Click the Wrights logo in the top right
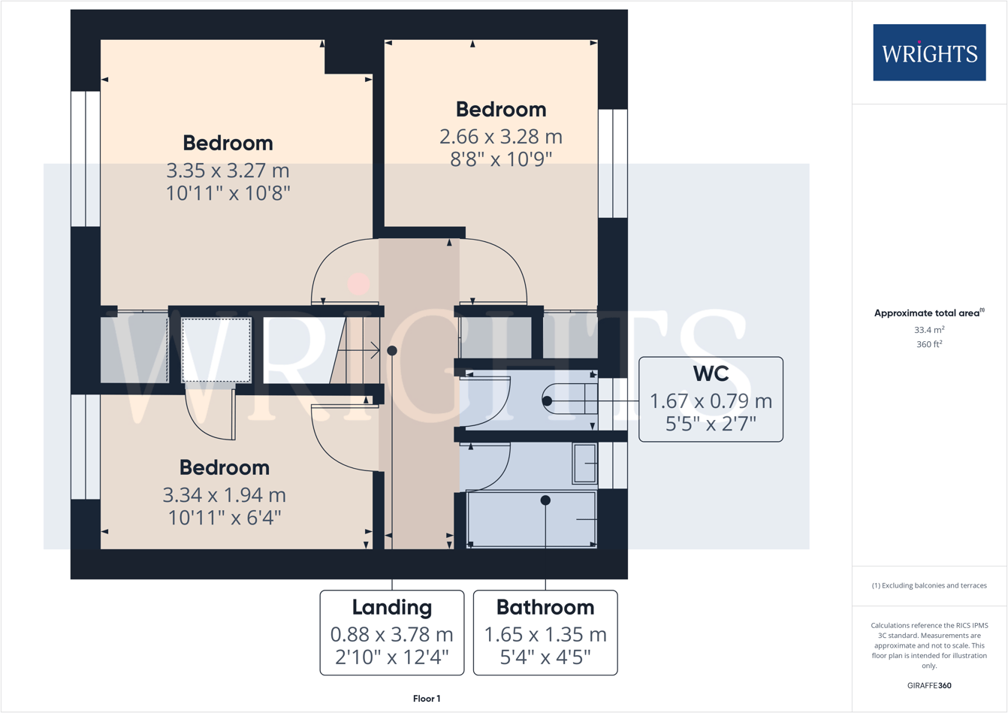point(928,53)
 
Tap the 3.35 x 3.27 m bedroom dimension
point(228,170)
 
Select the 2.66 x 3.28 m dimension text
point(500,137)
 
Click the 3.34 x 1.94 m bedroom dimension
point(224,495)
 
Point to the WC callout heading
point(710,374)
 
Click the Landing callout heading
point(391,607)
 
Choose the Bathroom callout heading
point(545,607)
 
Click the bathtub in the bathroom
point(532,519)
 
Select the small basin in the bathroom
point(584,463)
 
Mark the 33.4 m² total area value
point(929,330)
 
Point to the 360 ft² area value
point(929,345)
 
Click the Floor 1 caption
point(426,699)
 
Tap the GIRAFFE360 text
point(929,685)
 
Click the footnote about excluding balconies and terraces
point(929,585)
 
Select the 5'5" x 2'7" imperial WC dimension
point(710,424)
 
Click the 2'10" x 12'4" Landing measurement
point(391,657)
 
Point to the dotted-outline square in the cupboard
point(216,350)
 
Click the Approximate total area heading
point(929,313)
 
